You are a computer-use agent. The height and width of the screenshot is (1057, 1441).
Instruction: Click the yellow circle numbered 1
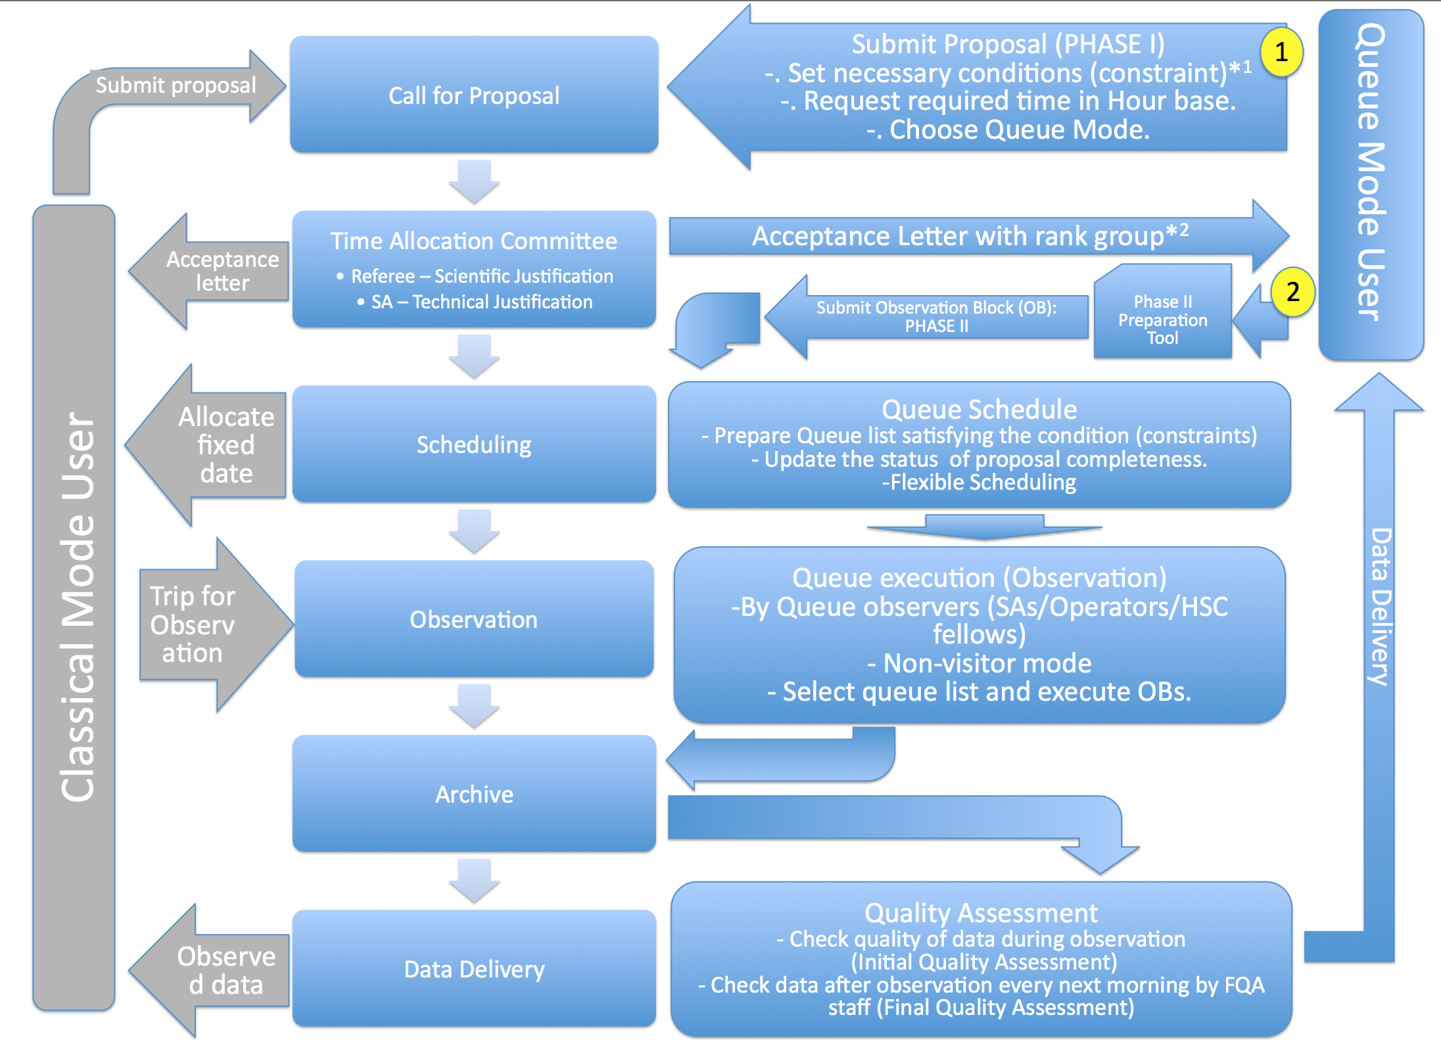click(1281, 52)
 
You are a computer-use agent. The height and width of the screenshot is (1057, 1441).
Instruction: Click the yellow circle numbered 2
click(1292, 292)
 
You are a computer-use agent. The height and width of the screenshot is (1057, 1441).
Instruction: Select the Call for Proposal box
click(474, 95)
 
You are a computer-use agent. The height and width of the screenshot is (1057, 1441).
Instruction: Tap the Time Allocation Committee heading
click(473, 241)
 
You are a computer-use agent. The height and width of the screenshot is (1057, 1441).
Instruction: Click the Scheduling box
click(474, 445)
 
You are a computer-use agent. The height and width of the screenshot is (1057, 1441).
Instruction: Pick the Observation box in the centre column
click(474, 619)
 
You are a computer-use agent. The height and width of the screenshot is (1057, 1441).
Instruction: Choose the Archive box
click(474, 794)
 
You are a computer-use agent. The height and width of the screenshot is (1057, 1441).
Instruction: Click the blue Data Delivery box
click(474, 969)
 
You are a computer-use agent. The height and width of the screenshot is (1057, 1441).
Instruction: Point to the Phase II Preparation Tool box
click(1162, 319)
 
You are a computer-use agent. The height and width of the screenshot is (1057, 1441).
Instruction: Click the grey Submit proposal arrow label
click(176, 85)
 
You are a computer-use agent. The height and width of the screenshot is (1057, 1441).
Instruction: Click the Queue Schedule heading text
click(979, 410)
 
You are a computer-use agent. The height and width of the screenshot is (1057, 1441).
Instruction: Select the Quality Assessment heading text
click(981, 913)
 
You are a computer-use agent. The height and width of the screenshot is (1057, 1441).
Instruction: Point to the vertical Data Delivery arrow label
click(1379, 606)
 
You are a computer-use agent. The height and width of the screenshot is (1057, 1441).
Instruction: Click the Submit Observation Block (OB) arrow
click(936, 317)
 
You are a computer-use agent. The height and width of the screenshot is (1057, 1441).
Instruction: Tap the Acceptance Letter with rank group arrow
click(970, 236)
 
